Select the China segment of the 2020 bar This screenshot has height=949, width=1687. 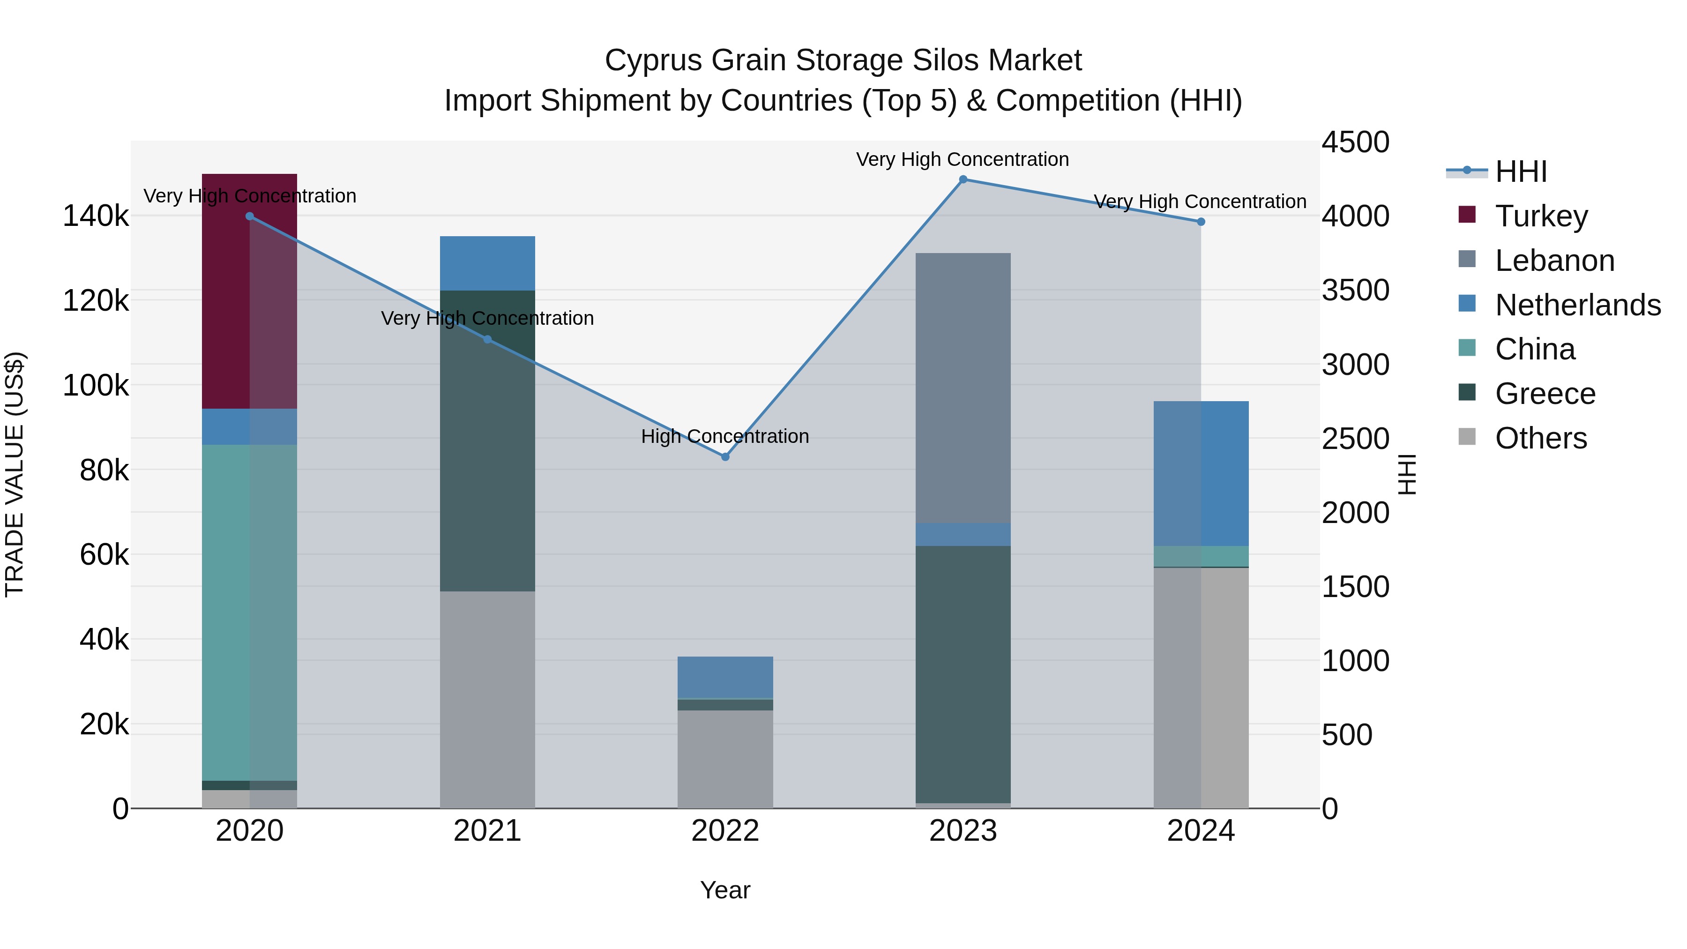point(249,613)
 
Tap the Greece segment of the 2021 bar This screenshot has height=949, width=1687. point(487,440)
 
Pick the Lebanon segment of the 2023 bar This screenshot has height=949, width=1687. point(963,388)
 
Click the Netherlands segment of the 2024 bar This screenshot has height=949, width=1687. point(1201,473)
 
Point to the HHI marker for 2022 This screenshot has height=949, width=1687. point(725,456)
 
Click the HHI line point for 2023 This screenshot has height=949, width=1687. point(963,179)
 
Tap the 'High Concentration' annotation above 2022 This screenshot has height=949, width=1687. point(725,436)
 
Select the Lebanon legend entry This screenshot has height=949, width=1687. point(1554,261)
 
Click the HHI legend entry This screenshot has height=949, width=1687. point(1521,172)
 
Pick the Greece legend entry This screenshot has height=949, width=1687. point(1544,394)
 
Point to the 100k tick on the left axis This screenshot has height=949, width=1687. point(96,385)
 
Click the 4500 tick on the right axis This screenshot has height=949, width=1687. point(1355,142)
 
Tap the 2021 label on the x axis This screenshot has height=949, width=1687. point(487,831)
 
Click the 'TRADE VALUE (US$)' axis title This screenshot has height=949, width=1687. point(15,474)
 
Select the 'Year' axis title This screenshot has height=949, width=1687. point(725,890)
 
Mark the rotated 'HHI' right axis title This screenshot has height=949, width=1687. point(1406,474)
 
